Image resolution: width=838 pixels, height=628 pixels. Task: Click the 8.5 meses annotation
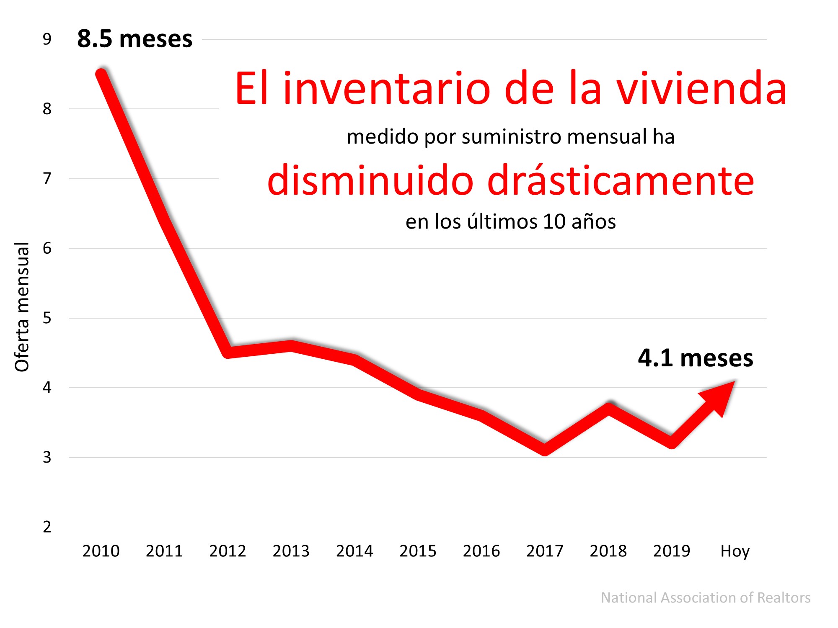pos(134,39)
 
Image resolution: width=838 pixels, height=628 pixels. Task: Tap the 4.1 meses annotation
pos(695,358)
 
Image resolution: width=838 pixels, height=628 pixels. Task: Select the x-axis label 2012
pos(228,551)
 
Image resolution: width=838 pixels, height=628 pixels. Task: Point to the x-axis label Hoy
pos(735,551)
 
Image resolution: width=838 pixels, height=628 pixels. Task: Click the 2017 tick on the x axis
pos(545,551)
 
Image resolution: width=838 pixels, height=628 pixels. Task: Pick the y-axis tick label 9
pos(47,39)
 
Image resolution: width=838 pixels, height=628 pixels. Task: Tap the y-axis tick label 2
pos(47,527)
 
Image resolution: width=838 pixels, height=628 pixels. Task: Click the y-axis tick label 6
pos(47,248)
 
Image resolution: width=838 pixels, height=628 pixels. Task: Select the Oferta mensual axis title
pos(22,307)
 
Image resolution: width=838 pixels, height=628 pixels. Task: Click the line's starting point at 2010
pos(101,74)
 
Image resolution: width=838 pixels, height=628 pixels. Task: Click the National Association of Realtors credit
pos(705,597)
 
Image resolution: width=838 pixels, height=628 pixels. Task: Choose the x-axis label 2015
pos(418,551)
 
